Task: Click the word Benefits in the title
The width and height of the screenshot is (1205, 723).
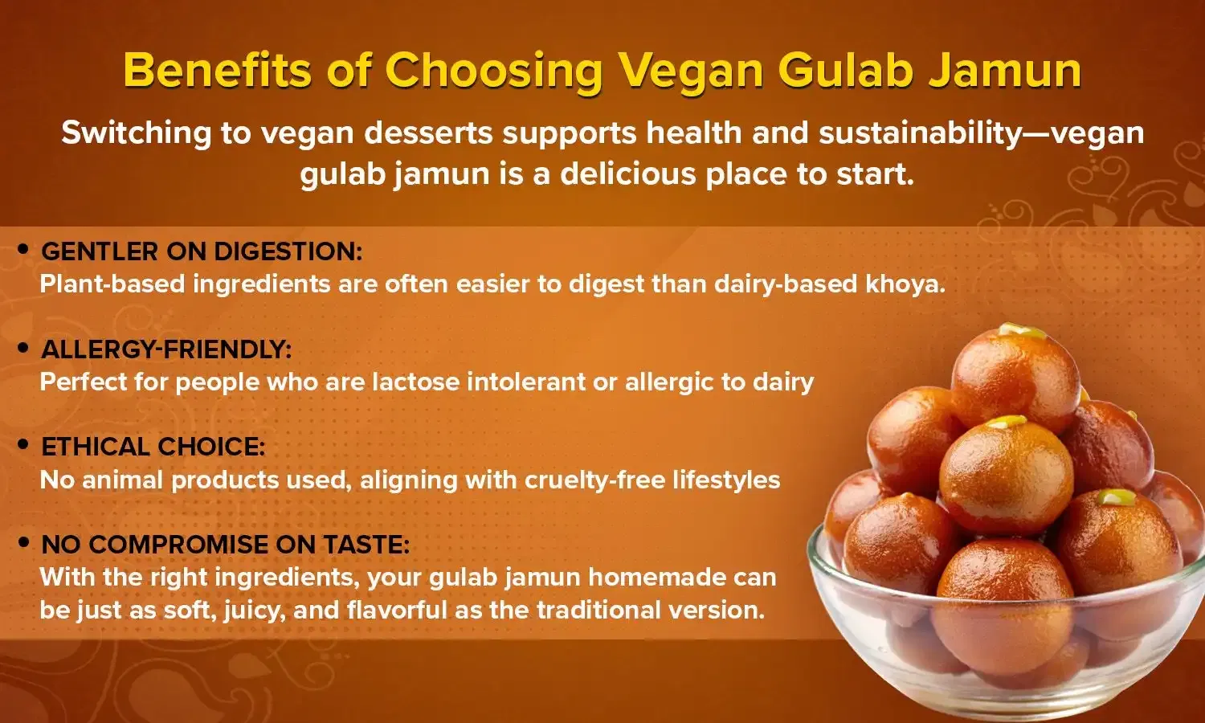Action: (x=216, y=70)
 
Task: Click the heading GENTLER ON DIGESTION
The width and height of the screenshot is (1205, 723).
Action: (x=202, y=251)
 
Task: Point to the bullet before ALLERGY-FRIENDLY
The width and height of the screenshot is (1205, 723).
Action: (x=23, y=349)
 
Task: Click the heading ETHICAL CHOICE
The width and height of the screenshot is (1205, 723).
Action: (x=153, y=447)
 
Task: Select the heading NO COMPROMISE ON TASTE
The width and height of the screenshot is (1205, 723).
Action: (x=225, y=545)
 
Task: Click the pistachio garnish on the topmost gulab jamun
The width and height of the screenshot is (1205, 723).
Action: (x=1021, y=330)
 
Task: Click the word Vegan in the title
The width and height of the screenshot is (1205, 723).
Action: (x=692, y=70)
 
